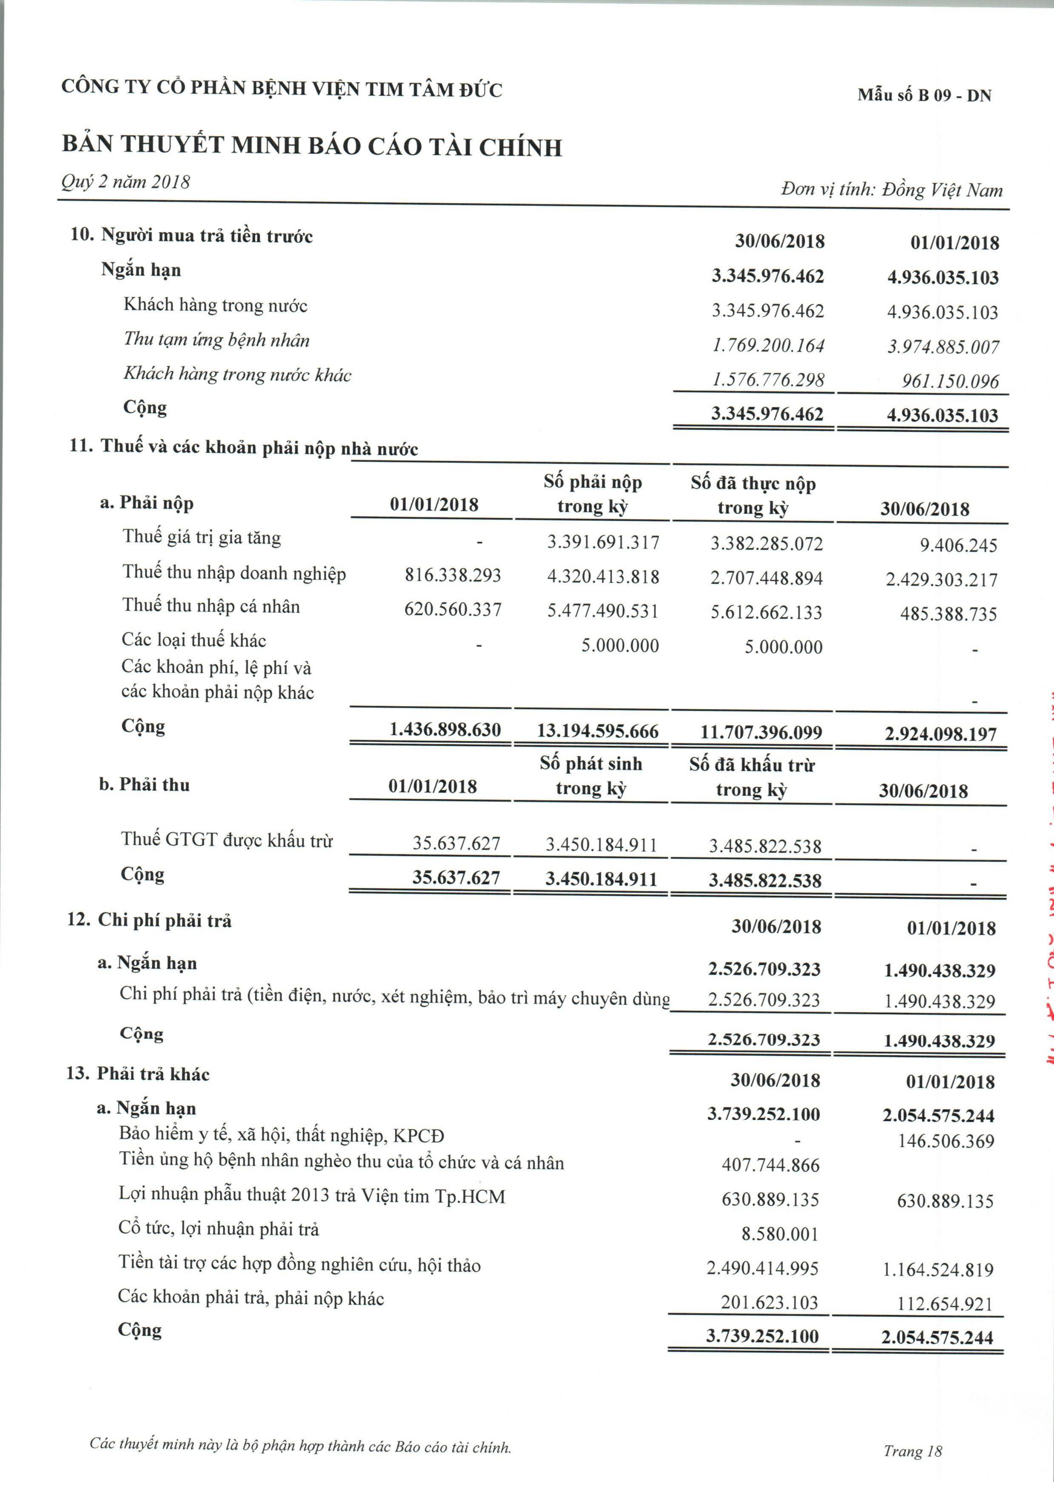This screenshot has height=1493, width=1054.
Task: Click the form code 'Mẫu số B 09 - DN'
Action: [x=924, y=95]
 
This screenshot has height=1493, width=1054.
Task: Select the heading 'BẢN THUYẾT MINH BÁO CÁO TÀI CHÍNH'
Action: [x=312, y=146]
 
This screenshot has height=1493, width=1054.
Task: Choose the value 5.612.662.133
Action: [x=766, y=613]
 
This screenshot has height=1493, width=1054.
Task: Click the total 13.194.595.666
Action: [x=597, y=731]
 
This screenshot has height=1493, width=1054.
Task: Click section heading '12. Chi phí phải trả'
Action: [x=149, y=920]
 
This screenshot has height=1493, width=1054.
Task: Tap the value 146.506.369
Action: [x=946, y=1141]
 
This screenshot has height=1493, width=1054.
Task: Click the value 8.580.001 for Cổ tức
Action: [x=780, y=1234]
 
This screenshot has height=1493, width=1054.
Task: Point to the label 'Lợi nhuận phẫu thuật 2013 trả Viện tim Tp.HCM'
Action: [x=312, y=1195]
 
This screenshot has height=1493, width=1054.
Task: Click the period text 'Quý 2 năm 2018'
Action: [x=126, y=181]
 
